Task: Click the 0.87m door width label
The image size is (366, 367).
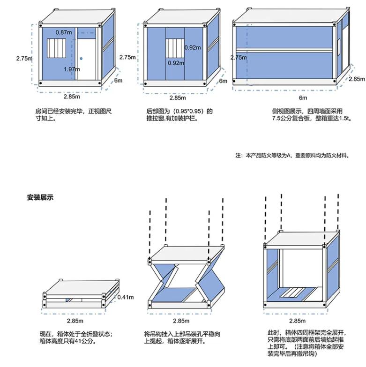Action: click(64, 32)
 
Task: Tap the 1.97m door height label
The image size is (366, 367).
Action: click(71, 69)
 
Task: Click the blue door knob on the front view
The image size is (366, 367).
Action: click(81, 59)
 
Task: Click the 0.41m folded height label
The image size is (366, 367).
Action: click(126, 297)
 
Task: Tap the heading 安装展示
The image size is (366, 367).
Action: click(40, 198)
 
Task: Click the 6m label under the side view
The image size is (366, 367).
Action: click(303, 97)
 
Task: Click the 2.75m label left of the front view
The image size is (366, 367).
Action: click(24, 59)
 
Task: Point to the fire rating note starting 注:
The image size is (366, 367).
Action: click(292, 155)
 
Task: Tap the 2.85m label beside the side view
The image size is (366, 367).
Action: click(356, 79)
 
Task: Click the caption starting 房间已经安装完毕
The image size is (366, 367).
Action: click(74, 115)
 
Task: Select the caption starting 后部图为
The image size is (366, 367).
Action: click(179, 115)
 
